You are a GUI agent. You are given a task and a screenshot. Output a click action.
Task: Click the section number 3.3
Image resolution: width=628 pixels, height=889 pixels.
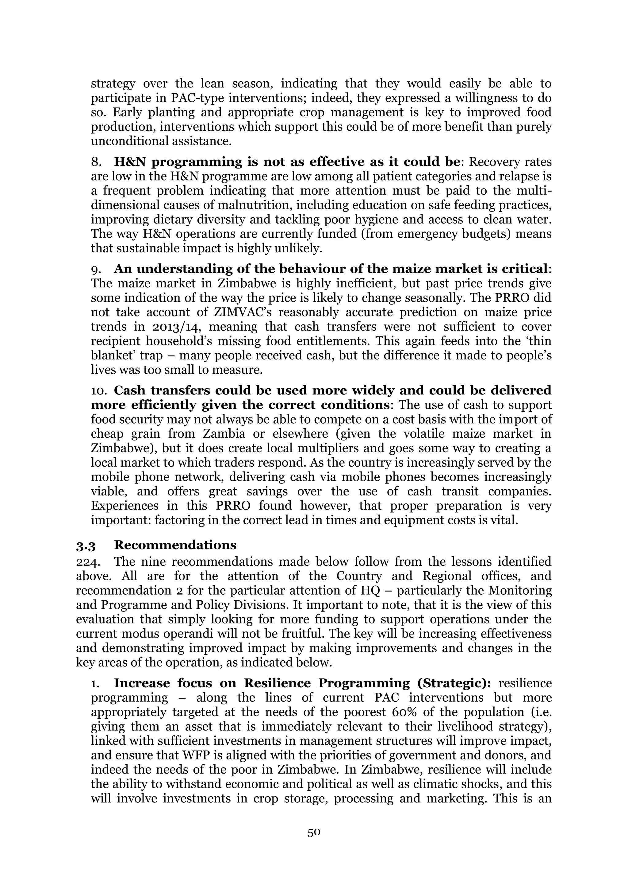86,545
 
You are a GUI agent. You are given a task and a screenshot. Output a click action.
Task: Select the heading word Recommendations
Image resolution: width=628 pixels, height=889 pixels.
175,545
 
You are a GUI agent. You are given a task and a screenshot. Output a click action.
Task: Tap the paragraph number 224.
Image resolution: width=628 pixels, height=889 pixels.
86,562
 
